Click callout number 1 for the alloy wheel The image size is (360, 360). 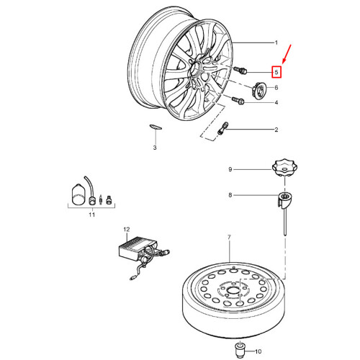coord(276,42)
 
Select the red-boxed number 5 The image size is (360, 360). coord(276,72)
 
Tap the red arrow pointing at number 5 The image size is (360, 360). coord(287,54)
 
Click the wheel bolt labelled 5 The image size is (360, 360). coord(240,70)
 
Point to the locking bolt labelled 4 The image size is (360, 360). coord(238,101)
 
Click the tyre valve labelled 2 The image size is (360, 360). coord(222,128)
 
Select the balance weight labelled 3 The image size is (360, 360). coord(156,127)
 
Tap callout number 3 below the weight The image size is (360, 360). coord(155,148)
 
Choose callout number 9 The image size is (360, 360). coord(230,169)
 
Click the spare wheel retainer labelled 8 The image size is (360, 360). coord(284,201)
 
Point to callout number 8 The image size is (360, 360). coord(230,195)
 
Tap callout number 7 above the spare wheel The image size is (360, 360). coord(229,237)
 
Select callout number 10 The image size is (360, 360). coord(258,351)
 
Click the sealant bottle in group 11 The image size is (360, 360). coord(78,194)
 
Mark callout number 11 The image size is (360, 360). coord(91,215)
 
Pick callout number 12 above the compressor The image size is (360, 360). coord(127,230)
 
